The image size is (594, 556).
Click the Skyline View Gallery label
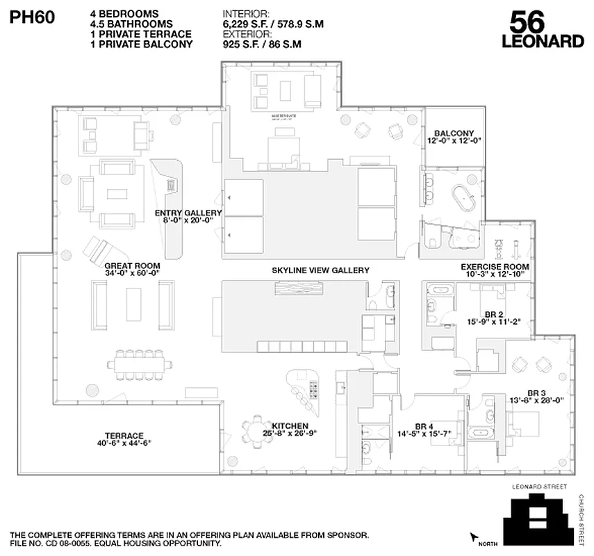(320, 270)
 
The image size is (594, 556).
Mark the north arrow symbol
(475, 537)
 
